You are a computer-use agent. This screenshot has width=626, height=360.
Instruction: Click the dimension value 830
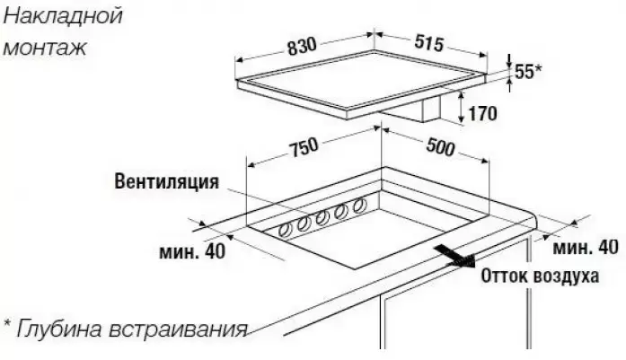302,47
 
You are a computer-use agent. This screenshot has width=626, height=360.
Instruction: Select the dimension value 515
429,43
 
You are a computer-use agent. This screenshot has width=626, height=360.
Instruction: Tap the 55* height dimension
528,72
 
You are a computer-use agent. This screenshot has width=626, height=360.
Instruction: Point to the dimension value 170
483,114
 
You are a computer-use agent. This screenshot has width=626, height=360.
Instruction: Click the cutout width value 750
304,148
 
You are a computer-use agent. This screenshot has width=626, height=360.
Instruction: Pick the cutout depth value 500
440,147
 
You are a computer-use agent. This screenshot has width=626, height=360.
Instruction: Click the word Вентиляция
167,181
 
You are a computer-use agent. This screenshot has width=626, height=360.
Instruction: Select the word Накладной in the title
64,17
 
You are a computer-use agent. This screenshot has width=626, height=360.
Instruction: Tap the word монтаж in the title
45,48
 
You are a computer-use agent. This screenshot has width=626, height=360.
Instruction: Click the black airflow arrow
454,256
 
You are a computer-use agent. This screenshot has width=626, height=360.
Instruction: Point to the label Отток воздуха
540,277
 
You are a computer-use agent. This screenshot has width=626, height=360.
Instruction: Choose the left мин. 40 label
192,251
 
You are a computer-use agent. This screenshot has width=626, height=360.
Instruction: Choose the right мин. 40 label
586,248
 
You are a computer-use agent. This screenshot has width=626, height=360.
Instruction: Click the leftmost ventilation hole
285,231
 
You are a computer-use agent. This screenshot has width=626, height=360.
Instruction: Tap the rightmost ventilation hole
360,205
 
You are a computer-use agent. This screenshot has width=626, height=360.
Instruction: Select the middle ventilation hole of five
322,217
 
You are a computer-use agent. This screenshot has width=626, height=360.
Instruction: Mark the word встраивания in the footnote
178,330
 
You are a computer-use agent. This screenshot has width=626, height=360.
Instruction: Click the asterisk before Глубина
7,323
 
